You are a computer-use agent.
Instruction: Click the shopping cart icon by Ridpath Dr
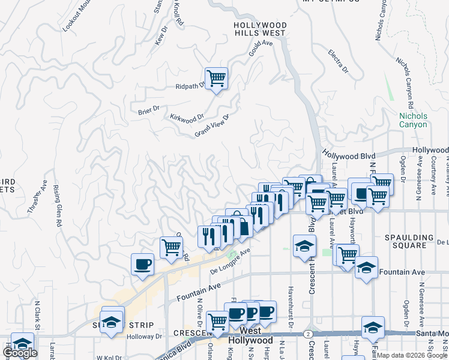[x=216, y=77]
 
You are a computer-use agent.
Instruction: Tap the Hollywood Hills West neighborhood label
[x=260, y=29]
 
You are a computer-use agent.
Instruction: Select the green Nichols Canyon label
[x=414, y=120]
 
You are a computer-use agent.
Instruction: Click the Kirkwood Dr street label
[x=187, y=118]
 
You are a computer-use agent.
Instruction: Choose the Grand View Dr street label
[x=212, y=126]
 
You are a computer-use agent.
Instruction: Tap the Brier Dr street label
[x=148, y=109]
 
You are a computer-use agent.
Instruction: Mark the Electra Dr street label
[x=339, y=61]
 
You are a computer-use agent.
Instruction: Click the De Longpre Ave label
[x=229, y=262]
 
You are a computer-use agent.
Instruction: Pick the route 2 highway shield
[x=308, y=334]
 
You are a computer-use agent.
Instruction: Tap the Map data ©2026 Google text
[x=411, y=355]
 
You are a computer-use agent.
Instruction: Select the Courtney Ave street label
[x=433, y=177]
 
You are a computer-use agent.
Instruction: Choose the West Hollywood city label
[x=250, y=335]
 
